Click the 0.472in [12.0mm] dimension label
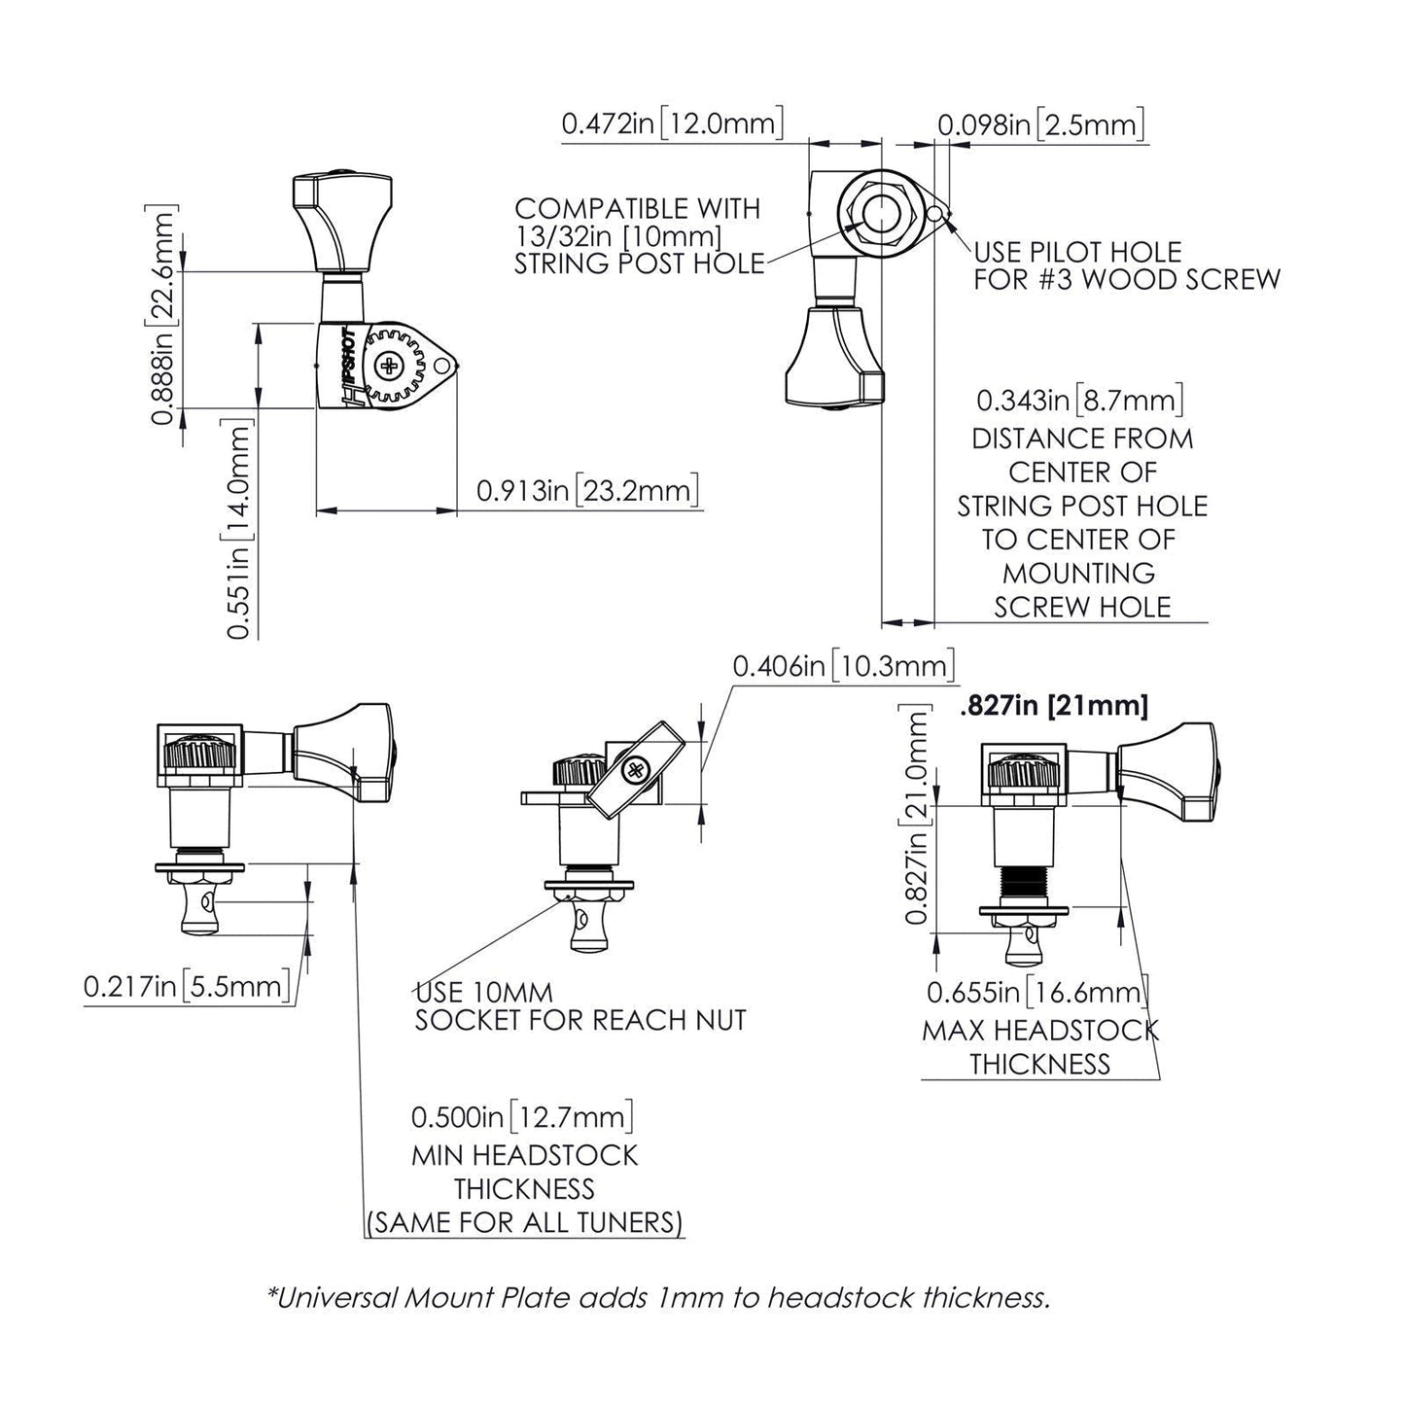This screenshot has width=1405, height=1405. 672,124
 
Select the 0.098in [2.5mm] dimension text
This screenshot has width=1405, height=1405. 1039,124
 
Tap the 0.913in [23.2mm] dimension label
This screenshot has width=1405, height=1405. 587,490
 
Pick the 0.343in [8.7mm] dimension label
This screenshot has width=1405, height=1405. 1079,400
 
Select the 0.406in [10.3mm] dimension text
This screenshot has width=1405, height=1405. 843,666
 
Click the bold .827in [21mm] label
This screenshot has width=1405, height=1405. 1053,705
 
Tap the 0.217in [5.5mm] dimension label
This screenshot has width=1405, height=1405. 187,987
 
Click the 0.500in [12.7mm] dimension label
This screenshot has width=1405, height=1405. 522,1116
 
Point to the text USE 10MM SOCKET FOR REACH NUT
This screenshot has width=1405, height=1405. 580,1006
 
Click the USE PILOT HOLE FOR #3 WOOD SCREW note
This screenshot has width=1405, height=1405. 1126,265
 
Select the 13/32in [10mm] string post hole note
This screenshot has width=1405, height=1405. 638,236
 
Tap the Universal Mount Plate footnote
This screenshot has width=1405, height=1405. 658,1297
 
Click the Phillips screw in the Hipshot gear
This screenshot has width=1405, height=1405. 391,367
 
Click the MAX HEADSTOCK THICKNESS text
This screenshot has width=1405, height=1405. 1039,1046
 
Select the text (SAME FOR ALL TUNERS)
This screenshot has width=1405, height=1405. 525,1222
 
